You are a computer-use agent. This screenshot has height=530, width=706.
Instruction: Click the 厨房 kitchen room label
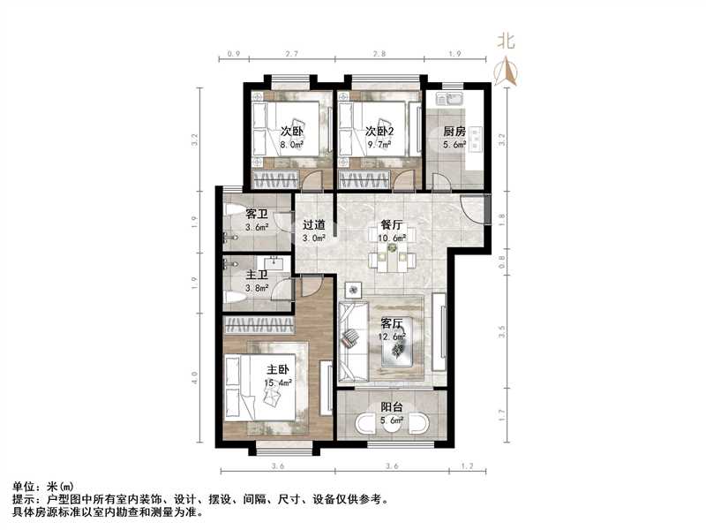click(x=454, y=132)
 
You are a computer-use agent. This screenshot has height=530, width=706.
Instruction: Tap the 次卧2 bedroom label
click(x=379, y=132)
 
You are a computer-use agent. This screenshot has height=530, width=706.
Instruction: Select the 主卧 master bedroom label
click(x=277, y=370)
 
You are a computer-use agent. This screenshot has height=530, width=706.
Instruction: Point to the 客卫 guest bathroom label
click(x=257, y=214)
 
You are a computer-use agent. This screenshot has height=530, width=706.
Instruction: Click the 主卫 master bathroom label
click(x=257, y=275)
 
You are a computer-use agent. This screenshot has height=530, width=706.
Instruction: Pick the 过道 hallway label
click(x=314, y=224)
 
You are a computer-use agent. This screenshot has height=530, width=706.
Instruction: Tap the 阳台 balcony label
click(x=392, y=407)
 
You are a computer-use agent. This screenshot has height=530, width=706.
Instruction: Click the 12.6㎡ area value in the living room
click(x=392, y=337)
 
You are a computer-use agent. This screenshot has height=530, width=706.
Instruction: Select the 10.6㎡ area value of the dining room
click(x=392, y=238)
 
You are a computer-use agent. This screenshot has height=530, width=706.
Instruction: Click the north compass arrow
click(x=506, y=72)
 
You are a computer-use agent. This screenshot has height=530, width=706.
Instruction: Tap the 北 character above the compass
click(x=506, y=42)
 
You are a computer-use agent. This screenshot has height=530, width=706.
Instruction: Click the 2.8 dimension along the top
click(x=379, y=54)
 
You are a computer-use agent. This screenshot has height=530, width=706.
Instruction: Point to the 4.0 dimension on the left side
click(x=194, y=378)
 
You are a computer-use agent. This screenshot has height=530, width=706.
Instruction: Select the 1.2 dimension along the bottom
click(x=468, y=466)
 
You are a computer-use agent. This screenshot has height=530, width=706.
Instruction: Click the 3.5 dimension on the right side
click(x=502, y=332)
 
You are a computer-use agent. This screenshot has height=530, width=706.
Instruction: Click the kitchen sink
click(x=449, y=99)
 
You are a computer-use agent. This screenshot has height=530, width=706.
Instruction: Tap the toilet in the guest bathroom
click(x=234, y=210)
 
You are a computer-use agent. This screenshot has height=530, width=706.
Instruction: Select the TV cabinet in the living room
click(x=439, y=333)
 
